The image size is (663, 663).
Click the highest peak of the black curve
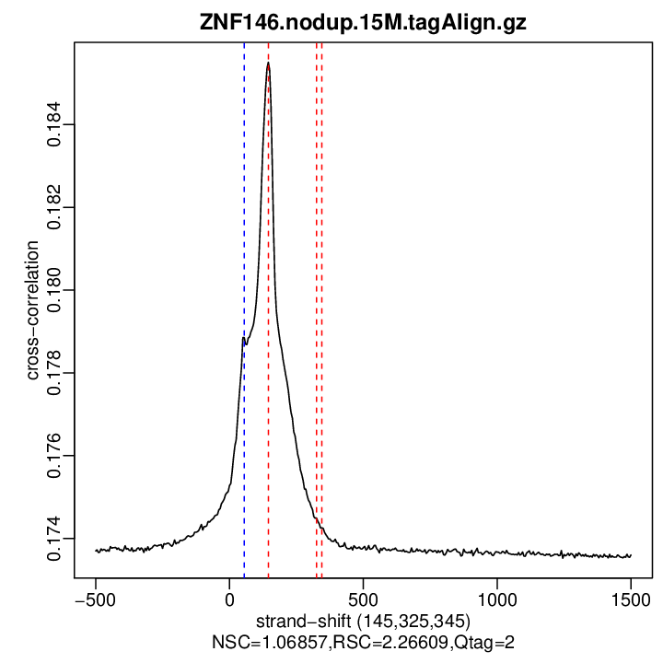[x=268, y=64]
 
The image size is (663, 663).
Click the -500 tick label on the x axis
[x=95, y=598]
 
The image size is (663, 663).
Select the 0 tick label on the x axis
[x=229, y=598]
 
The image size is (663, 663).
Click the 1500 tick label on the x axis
[x=631, y=598]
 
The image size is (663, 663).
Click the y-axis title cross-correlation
[x=31, y=310]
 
